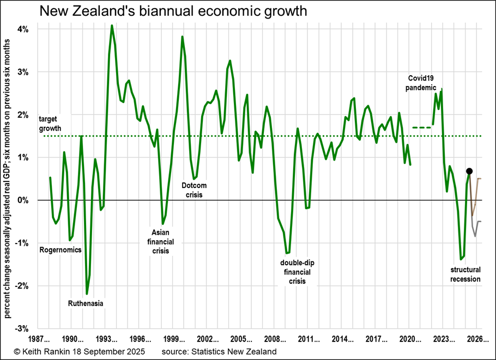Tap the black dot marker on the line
click(x=469, y=171)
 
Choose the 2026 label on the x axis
click(x=477, y=338)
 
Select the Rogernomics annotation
click(x=61, y=250)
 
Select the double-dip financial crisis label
click(x=297, y=272)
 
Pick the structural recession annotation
click(x=465, y=274)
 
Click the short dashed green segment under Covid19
click(x=421, y=127)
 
